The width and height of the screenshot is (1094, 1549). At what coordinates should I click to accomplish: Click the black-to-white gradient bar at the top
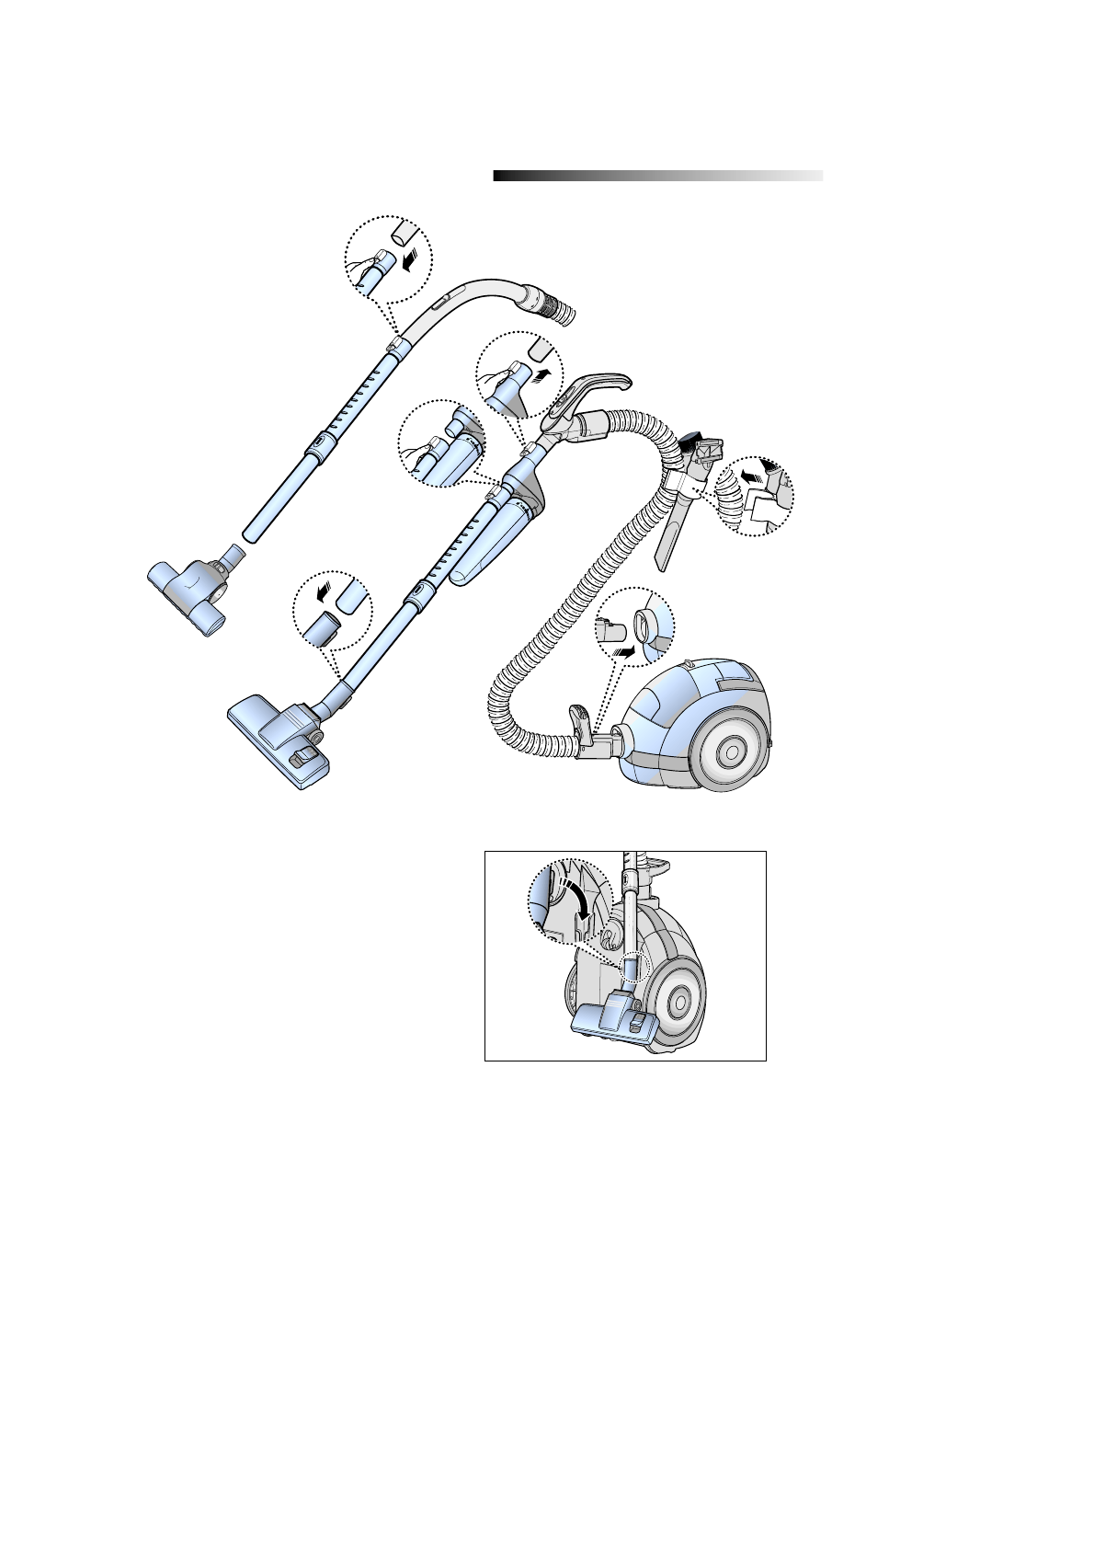tap(657, 176)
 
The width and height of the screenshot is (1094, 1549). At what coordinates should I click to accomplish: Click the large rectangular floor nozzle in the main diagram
tap(280, 740)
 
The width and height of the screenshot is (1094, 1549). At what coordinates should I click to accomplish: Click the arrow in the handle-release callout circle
tap(544, 373)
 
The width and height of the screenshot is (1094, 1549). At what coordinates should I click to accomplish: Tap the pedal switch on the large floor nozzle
tap(303, 757)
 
